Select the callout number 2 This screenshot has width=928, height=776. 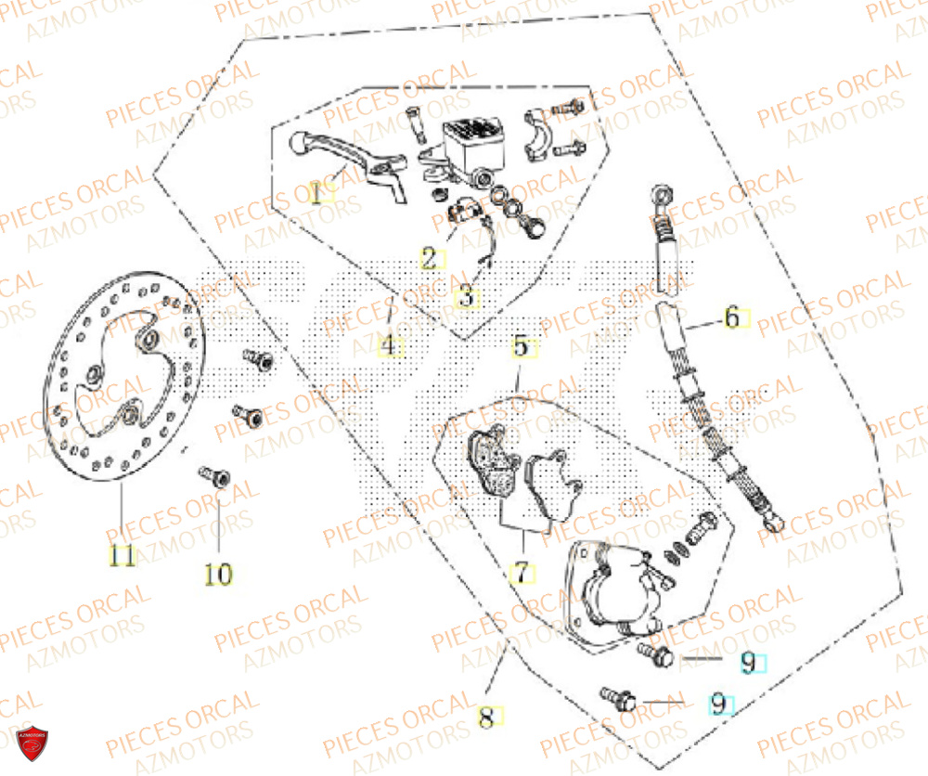tap(429, 258)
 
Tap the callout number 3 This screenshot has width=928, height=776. tap(468, 298)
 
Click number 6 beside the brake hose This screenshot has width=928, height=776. tap(732, 318)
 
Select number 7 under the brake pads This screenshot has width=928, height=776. tap(522, 574)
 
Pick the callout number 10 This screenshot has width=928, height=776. tap(218, 575)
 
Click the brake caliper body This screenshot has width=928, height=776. tap(613, 594)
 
